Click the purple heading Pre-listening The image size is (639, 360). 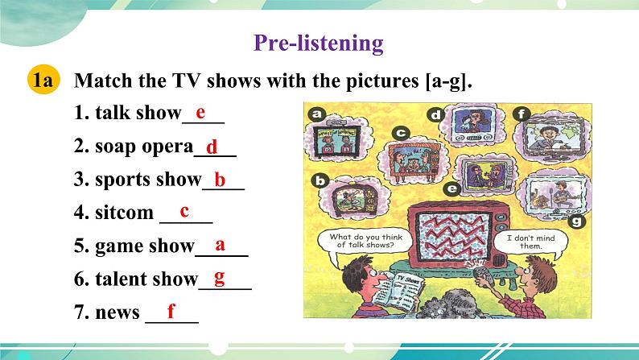(x=318, y=43)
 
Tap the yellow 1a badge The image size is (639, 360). (x=43, y=80)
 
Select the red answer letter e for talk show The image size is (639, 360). (x=200, y=113)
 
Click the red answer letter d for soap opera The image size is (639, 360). (x=212, y=147)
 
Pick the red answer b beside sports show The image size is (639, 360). (x=220, y=180)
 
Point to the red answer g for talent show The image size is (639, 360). (x=220, y=279)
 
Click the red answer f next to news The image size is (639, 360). (x=171, y=311)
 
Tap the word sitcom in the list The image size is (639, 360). (x=124, y=213)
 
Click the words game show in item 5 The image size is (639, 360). (x=145, y=246)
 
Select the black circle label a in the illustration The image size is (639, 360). (x=316, y=114)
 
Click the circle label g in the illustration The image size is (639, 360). (x=577, y=221)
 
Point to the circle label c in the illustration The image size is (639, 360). (x=401, y=133)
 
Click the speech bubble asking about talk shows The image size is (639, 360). (x=365, y=242)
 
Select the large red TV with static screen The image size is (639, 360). (x=458, y=235)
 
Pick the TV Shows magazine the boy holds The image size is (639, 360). (x=398, y=292)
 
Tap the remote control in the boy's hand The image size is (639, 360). (x=483, y=276)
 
